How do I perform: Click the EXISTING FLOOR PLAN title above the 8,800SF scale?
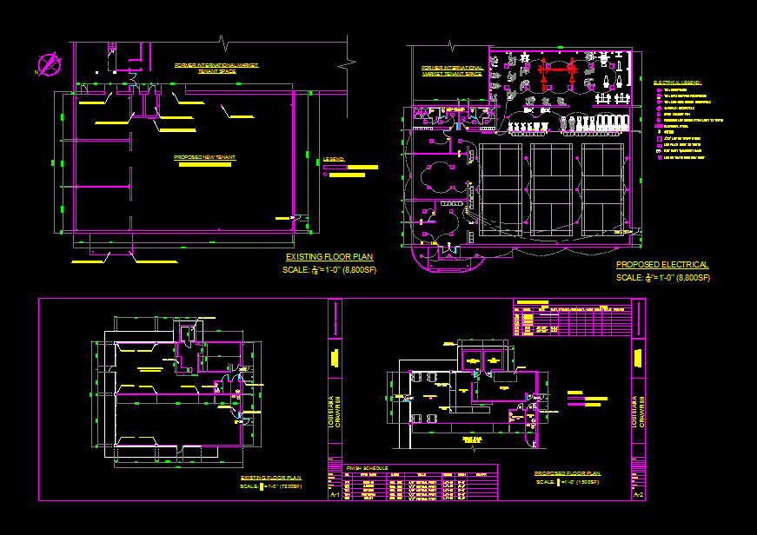pos(329,257)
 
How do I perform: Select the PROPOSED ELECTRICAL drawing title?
pos(662,265)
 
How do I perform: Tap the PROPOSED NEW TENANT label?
pos(205,157)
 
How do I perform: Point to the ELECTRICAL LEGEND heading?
pos(678,81)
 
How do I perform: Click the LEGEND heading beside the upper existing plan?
pos(334,159)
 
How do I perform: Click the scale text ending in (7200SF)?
pos(270,486)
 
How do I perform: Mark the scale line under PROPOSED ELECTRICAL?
pos(662,278)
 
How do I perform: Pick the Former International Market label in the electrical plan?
pos(452,70)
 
